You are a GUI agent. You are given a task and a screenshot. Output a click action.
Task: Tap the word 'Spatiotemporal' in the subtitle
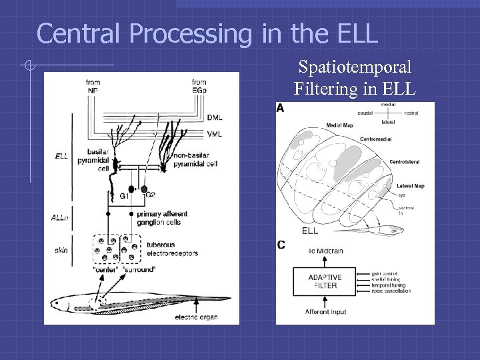[355, 67]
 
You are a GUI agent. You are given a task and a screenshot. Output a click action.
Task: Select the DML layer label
[215, 117]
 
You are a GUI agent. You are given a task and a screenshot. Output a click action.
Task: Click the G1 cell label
[124, 197]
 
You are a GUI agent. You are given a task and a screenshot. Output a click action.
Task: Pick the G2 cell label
[151, 194]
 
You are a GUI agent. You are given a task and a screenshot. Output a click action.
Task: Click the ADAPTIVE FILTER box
[325, 281]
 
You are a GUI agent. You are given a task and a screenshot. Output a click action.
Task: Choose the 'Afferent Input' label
[325, 311]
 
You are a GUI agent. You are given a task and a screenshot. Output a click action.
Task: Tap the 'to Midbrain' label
[325, 251]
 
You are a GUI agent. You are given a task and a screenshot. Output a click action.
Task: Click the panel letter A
[280, 108]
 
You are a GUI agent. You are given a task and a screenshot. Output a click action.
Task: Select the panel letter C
[281, 245]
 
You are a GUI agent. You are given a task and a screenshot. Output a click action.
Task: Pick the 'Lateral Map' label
[410, 185]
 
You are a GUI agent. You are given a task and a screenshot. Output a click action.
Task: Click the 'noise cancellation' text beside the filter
[392, 291]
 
